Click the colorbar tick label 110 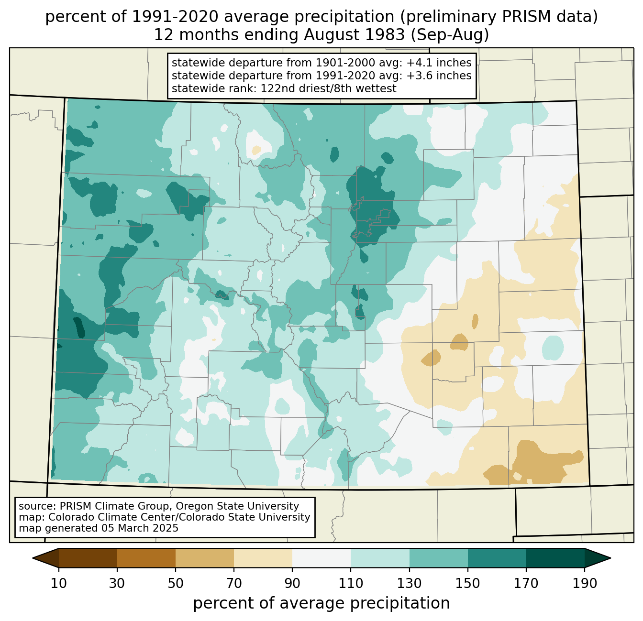tap(351, 583)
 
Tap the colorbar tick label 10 tap(59, 583)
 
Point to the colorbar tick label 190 tap(585, 583)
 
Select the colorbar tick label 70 tap(234, 583)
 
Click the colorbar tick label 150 tap(467, 583)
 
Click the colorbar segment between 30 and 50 tap(146, 558)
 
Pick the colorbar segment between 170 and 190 tap(555, 558)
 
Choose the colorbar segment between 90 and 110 tap(321, 558)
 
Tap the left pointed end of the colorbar tap(33, 558)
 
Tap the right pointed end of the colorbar tap(610, 558)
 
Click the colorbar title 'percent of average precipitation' tap(321, 603)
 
